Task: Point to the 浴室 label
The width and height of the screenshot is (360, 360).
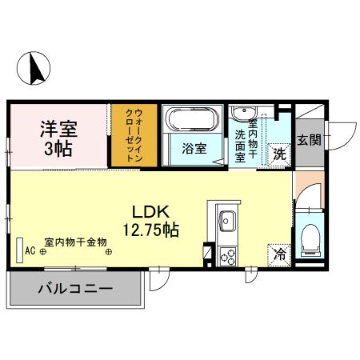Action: pos(194,149)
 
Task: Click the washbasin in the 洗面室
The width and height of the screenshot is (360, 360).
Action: pos(244,112)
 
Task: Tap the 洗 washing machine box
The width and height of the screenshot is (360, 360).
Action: pos(279,152)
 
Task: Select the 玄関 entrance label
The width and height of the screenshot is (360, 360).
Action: pos(309,140)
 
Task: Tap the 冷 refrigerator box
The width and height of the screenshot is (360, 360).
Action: pos(280,255)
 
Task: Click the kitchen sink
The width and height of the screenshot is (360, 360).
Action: pos(226,219)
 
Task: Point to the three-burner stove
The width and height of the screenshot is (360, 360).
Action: pos(226,256)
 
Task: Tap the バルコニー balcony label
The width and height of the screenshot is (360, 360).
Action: pos(74,290)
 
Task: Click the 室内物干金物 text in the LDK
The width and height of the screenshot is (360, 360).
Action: pos(75,242)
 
